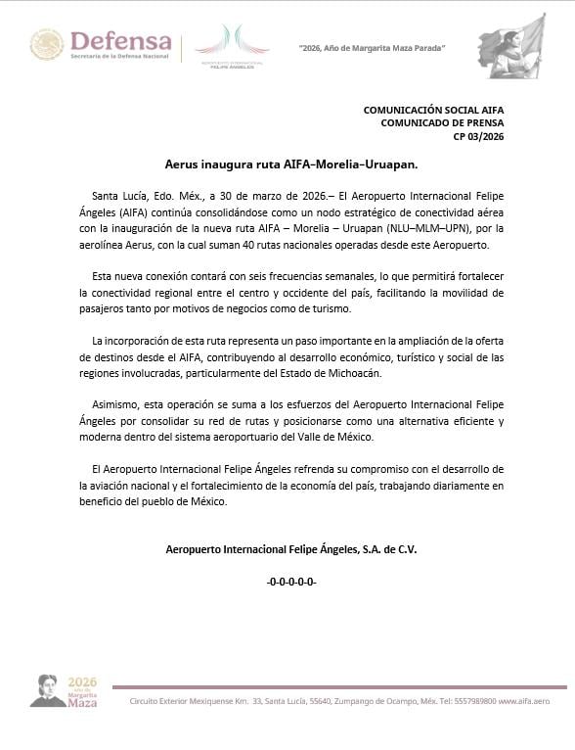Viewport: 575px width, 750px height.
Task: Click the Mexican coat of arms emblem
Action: click(x=47, y=45)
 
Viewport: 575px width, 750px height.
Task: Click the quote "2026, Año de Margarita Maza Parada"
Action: click(x=372, y=48)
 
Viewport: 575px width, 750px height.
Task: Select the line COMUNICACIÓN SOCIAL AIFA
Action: click(x=433, y=110)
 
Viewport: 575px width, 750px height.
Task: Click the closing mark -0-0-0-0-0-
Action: click(x=291, y=583)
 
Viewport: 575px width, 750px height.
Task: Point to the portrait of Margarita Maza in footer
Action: click(x=47, y=689)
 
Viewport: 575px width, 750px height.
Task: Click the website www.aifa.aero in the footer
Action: click(x=524, y=702)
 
